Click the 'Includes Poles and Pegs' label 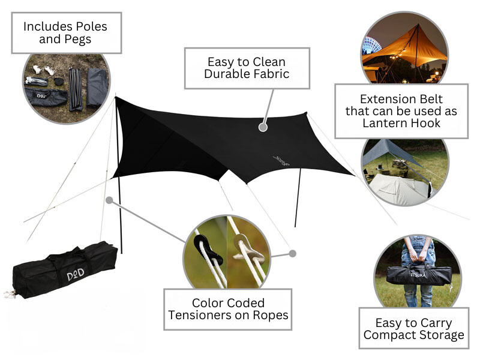tap(66, 33)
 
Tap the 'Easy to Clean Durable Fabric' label tap(247, 68)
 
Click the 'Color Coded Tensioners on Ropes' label tap(228, 309)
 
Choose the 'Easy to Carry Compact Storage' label tap(413, 329)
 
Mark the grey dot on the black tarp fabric tap(262, 127)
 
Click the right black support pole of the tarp tap(297, 198)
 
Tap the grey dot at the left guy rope tap(109, 199)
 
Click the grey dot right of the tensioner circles tap(293, 253)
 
